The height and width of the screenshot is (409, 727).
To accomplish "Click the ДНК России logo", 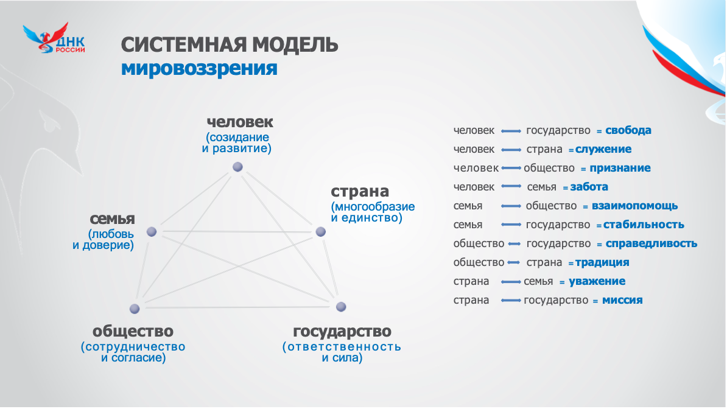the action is (x=54, y=38).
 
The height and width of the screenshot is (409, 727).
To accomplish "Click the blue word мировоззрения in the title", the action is (x=199, y=69).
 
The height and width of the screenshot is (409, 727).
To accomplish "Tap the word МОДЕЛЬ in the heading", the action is (x=295, y=45).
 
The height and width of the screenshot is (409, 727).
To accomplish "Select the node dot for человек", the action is (x=237, y=167).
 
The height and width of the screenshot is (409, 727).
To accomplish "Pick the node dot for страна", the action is (x=320, y=232).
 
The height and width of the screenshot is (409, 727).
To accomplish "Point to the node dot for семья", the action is (x=152, y=232).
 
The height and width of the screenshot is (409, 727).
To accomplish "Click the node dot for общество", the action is (x=135, y=309).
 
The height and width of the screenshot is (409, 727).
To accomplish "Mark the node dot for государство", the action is (x=341, y=307).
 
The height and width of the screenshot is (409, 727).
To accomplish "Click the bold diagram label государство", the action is (x=342, y=331).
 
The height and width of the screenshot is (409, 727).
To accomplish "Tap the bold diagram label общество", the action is (x=133, y=331).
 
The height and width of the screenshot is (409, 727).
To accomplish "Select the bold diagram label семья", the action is (x=112, y=219).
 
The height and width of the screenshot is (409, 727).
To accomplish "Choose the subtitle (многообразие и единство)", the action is (x=373, y=212).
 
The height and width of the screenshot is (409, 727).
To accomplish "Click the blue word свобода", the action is (x=628, y=130).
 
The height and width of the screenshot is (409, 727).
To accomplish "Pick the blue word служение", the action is (x=603, y=149).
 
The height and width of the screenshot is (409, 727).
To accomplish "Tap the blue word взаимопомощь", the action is (x=634, y=206).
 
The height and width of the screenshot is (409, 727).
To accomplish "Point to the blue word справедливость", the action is (x=651, y=244).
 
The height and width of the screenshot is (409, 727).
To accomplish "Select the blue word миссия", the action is (x=622, y=301).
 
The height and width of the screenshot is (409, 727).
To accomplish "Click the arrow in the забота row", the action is (x=511, y=187).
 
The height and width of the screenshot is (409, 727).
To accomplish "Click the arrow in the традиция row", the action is (x=514, y=262).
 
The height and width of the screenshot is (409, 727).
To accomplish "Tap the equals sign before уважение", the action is (x=562, y=282).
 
